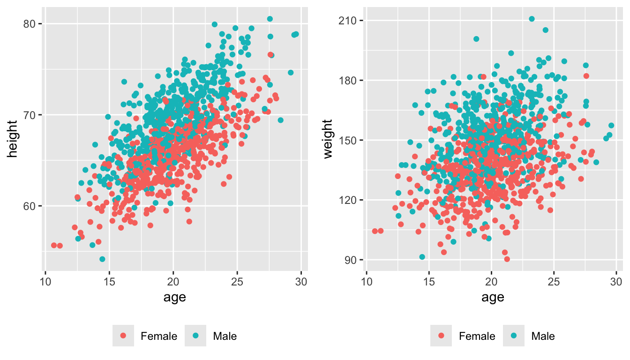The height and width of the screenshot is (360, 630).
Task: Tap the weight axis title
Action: click(331, 139)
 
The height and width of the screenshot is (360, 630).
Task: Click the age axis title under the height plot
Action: click(173, 297)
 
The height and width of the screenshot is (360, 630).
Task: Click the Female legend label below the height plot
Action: click(159, 336)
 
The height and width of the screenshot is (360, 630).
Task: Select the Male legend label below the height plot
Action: click(225, 336)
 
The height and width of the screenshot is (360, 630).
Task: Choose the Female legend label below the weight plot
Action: click(477, 336)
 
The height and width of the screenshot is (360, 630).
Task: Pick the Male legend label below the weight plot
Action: click(543, 336)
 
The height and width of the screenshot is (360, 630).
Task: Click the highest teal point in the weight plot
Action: click(532, 19)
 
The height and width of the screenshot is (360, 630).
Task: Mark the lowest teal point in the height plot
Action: click(102, 259)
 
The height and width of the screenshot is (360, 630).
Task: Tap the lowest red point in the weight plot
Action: click(507, 259)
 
